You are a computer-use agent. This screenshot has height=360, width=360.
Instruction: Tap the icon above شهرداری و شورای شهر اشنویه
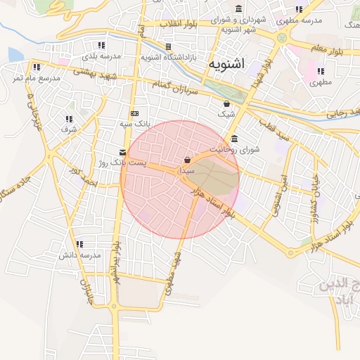240,9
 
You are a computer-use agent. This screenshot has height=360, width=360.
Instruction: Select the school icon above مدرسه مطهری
299,10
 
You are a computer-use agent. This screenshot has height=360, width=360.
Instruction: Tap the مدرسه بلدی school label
101,55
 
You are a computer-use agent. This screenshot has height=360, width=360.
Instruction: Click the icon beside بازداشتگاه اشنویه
168,46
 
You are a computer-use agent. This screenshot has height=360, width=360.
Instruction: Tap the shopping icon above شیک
226,103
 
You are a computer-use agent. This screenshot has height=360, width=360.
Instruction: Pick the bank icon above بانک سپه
134,113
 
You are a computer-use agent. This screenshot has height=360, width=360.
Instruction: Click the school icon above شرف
69,120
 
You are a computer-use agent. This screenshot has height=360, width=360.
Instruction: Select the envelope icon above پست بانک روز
123,153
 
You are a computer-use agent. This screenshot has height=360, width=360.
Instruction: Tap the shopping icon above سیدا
186,160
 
